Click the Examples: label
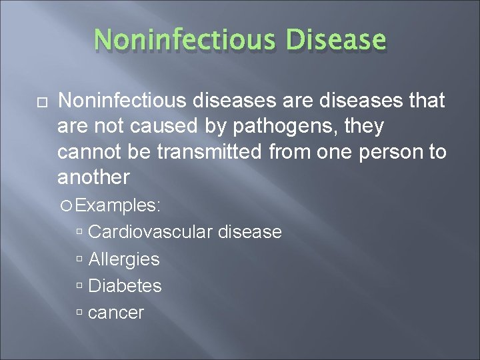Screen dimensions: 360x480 click(117, 205)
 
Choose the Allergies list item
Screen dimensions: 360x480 click(123, 259)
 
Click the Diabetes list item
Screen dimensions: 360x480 click(125, 285)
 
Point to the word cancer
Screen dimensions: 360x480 click(116, 312)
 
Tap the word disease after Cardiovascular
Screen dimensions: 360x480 click(249, 232)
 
